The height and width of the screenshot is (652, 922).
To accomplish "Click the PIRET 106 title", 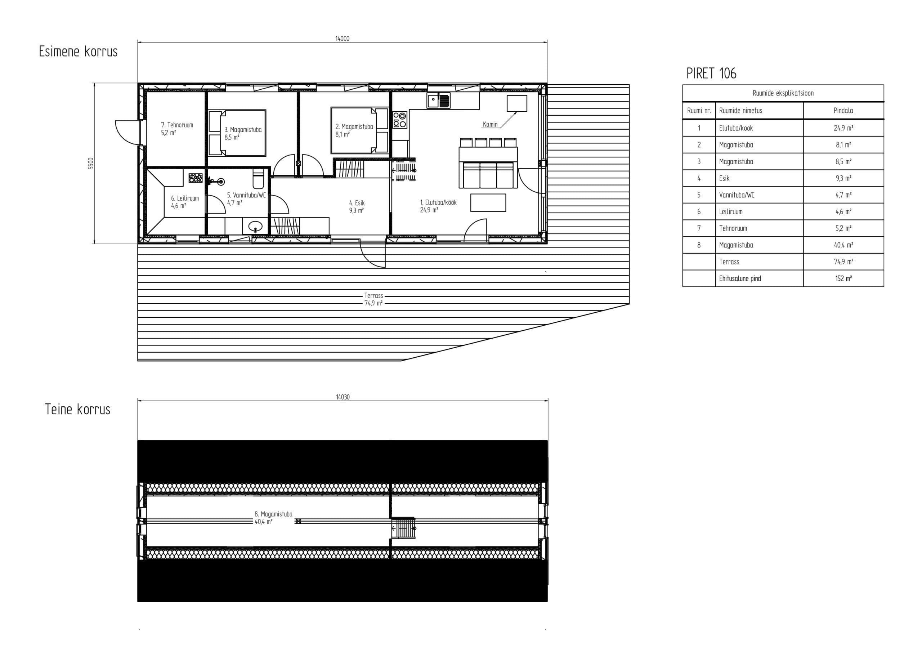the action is [x=711, y=73].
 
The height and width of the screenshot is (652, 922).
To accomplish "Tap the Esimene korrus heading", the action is [x=78, y=52].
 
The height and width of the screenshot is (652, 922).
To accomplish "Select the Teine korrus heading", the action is [x=77, y=409].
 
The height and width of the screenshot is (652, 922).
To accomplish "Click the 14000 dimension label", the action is [x=342, y=39].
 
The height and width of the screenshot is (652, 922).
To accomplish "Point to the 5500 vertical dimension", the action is [x=91, y=163].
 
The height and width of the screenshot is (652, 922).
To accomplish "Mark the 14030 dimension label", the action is [x=343, y=397].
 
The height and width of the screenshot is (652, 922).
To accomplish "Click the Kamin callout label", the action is [x=490, y=125].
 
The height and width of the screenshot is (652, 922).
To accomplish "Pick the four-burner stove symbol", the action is [x=400, y=120].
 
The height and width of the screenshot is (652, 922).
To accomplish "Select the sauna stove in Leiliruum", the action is [x=196, y=178].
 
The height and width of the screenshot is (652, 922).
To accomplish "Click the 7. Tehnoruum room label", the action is [x=177, y=125].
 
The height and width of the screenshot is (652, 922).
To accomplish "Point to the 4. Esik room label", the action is [x=357, y=203].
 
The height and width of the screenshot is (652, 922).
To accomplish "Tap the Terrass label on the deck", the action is [x=373, y=296].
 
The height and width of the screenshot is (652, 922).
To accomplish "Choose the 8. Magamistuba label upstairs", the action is [x=273, y=514].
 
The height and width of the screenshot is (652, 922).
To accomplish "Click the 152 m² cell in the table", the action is [x=843, y=278].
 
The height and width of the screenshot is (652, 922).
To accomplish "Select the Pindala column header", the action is [x=843, y=111].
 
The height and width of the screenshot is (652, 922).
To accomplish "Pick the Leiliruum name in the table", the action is [x=731, y=212].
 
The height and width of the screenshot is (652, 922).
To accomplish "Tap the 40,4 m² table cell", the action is [x=843, y=245].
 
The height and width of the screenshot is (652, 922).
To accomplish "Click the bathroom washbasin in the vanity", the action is [x=255, y=227].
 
